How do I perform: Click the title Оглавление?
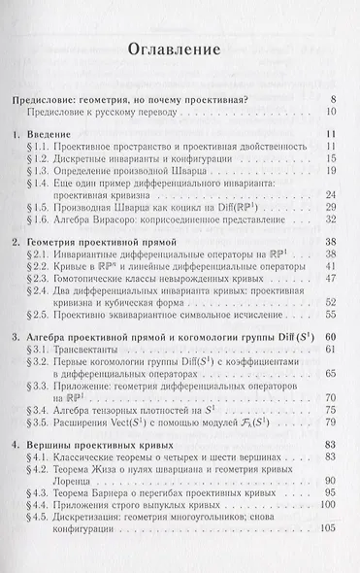click(180, 46)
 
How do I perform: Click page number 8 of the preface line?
click(333, 99)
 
